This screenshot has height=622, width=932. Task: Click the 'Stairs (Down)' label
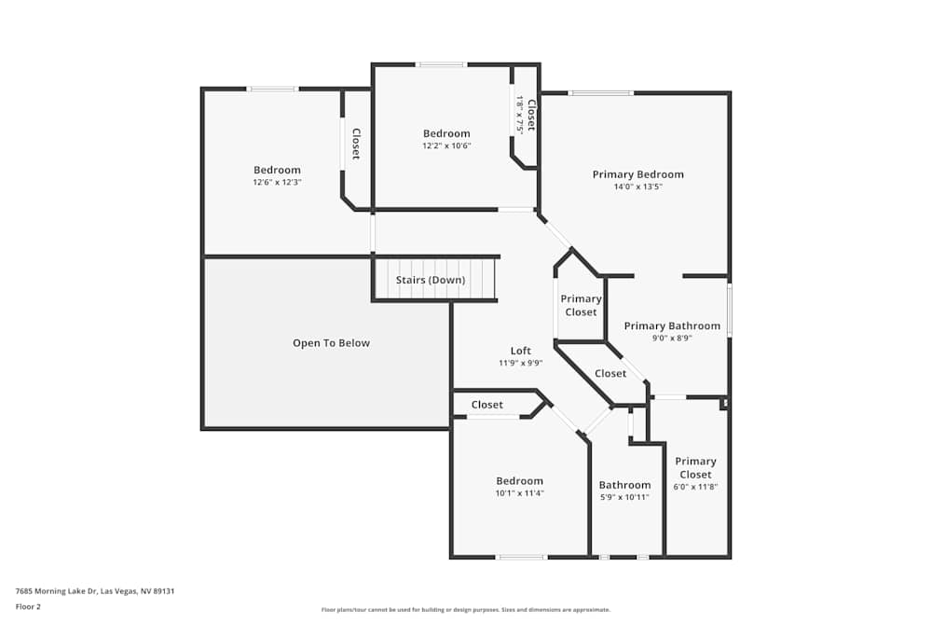(431, 280)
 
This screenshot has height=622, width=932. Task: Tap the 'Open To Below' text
(331, 343)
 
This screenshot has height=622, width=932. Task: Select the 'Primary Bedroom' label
(637, 174)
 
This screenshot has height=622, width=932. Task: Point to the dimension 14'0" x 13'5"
(637, 187)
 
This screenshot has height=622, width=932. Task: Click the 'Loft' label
(520, 351)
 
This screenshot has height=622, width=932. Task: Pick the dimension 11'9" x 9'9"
(520, 364)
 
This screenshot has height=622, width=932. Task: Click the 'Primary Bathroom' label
(672, 325)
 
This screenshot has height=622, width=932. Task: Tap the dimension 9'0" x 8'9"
(672, 339)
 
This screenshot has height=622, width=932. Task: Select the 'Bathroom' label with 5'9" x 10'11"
(624, 485)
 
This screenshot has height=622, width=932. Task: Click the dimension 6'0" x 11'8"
(695, 487)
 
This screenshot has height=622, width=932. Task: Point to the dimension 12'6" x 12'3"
(277, 182)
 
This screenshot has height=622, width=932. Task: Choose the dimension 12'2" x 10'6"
(446, 145)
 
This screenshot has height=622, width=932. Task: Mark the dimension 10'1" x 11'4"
(519, 493)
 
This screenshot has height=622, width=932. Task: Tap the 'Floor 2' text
(28, 606)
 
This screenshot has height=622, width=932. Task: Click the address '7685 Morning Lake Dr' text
(56, 590)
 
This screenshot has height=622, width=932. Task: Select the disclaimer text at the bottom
(466, 610)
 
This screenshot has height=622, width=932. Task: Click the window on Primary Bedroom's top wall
(601, 92)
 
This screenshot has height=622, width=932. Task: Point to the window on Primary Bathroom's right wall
(729, 310)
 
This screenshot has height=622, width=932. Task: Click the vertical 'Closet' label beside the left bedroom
(355, 143)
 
